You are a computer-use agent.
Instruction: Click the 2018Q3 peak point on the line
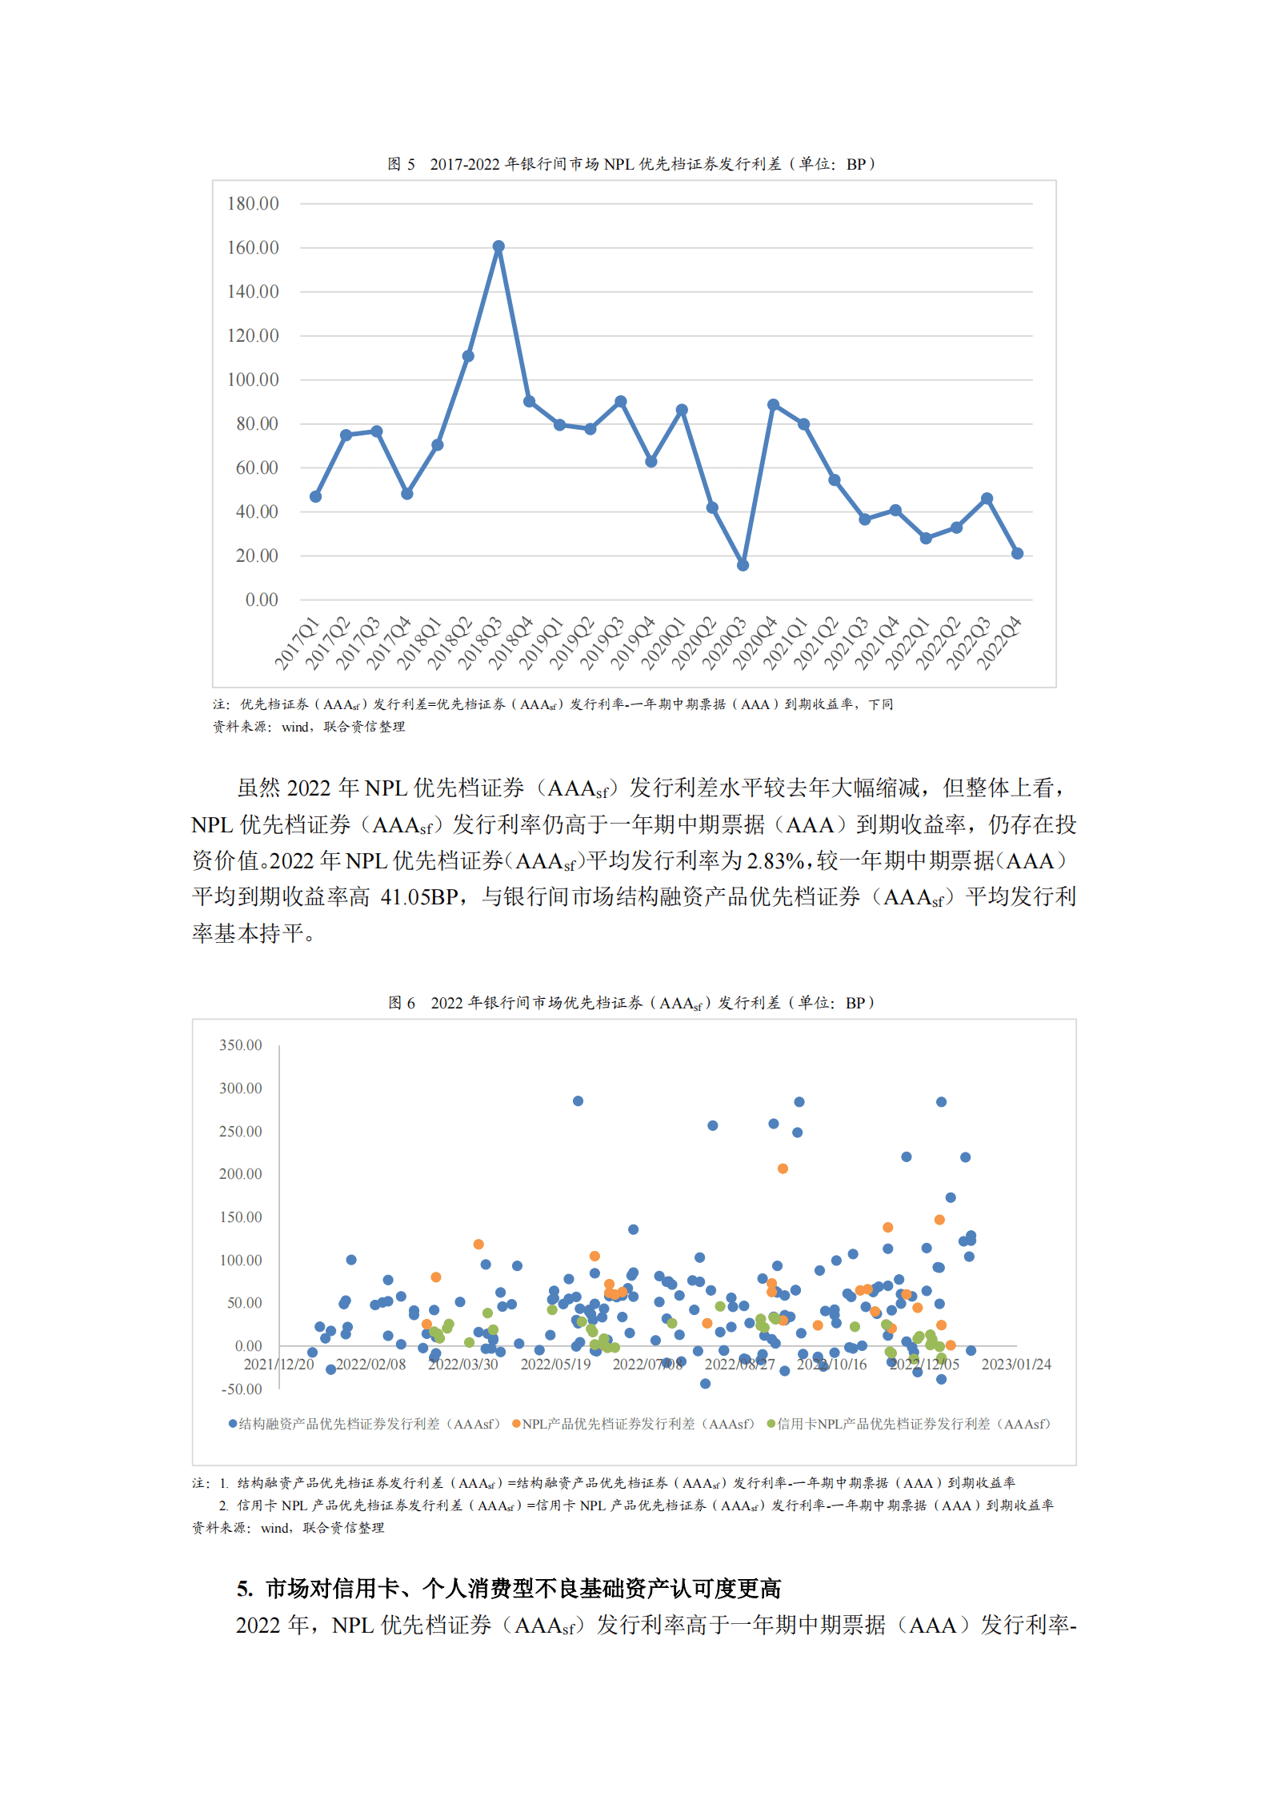coord(498,247)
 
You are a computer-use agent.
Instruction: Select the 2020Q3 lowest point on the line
coord(743,565)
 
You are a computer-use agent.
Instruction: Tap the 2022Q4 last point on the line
coord(1017,554)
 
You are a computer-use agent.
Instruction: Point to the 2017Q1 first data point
coord(315,497)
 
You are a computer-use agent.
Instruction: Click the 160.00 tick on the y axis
coord(253,248)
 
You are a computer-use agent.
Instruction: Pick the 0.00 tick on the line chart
coord(262,600)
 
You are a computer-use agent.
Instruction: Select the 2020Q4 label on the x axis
coord(755,643)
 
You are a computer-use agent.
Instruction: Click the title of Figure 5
coord(632,164)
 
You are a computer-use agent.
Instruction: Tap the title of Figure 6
coord(632,1003)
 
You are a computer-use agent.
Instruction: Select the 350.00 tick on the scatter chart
coord(240,1045)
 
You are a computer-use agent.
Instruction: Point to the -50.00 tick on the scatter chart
coord(241,1389)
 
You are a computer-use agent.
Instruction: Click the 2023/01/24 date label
coord(1015,1365)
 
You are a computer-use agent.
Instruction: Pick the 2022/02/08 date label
coord(370,1365)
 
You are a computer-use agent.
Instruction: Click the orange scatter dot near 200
coord(783,1169)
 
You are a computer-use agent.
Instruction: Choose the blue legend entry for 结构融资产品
coord(364,1424)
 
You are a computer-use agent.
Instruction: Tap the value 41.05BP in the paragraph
coord(418,897)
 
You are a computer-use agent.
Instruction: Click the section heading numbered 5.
coord(509,1589)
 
